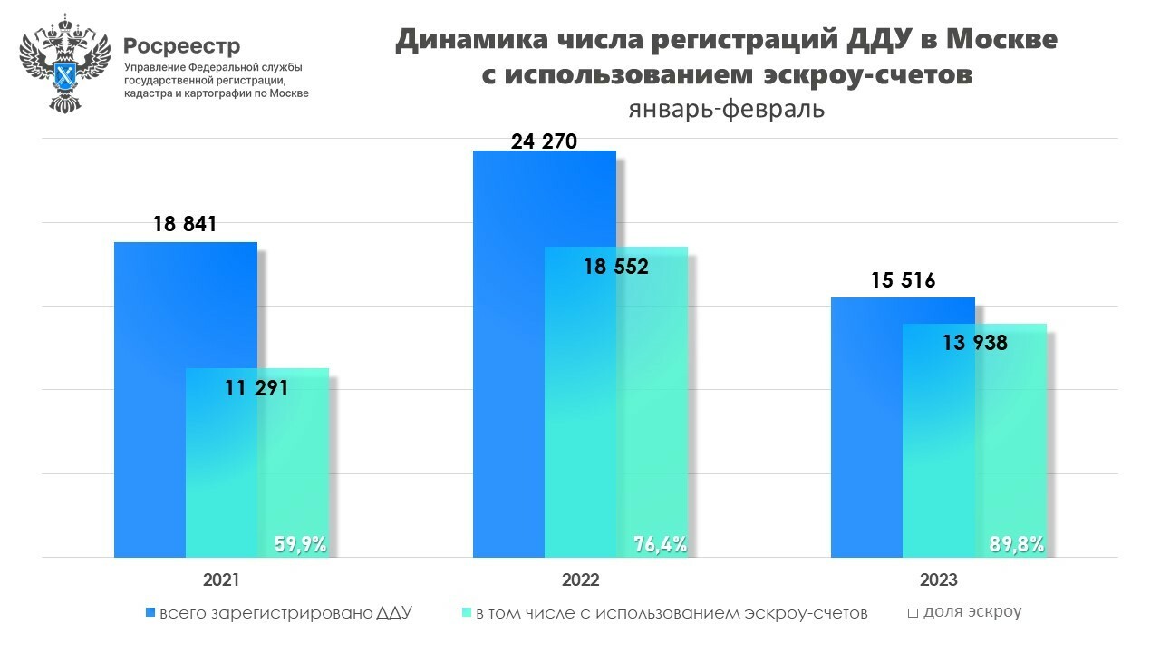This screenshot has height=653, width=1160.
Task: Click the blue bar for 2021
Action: point(150,399)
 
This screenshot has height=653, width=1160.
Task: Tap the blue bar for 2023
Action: point(866,426)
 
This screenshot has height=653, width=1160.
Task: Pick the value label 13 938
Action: point(974,343)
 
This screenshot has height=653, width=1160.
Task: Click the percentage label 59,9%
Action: point(300,544)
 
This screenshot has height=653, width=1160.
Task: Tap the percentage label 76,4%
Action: point(660,544)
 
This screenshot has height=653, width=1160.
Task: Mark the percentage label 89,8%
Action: point(1017,544)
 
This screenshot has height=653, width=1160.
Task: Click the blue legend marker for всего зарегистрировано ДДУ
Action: point(150,613)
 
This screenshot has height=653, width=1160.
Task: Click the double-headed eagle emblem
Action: point(63,63)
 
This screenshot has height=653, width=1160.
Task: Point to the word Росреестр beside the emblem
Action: point(182,45)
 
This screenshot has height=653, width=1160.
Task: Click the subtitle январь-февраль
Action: point(726,109)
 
